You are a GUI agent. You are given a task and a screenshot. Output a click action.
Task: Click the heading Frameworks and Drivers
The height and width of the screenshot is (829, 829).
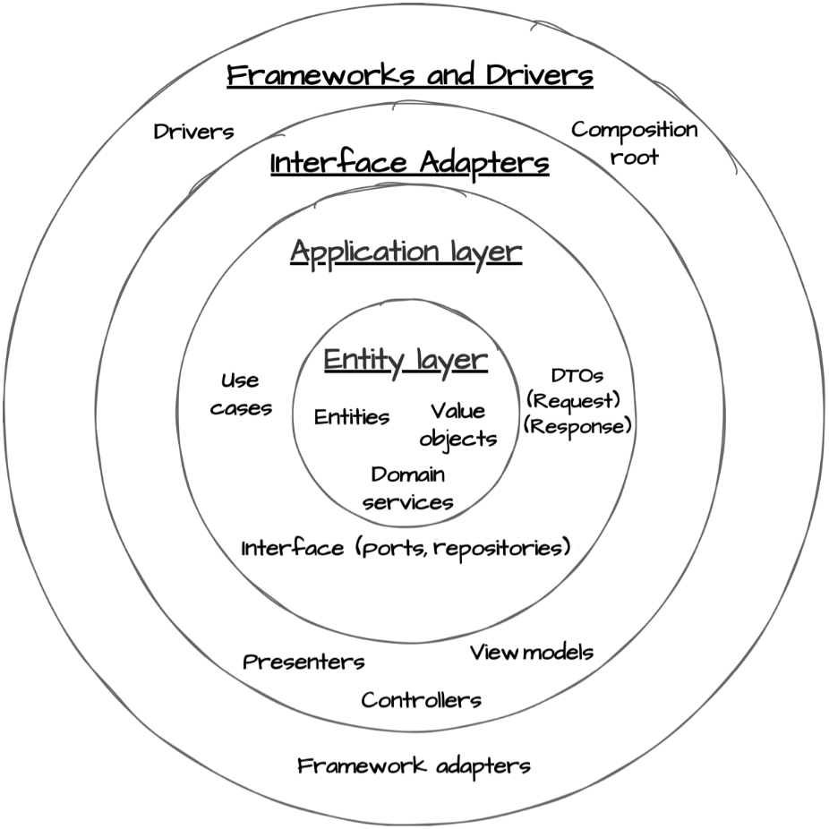coord(409,75)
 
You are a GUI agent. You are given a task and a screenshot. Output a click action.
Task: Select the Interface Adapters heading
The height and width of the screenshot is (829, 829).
coord(409,164)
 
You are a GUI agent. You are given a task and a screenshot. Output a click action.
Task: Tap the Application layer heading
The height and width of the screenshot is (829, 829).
coord(406,252)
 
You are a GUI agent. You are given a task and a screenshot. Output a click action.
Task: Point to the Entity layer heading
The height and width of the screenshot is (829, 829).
coord(406,360)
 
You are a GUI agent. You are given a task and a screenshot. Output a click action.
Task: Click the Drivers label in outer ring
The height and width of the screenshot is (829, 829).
coord(193,132)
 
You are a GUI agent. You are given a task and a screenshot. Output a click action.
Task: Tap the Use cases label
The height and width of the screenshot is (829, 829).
coord(241,395)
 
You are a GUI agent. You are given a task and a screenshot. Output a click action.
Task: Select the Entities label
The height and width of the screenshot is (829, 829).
coord(352,417)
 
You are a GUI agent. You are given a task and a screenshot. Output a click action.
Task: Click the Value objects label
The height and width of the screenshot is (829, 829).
coord(457,424)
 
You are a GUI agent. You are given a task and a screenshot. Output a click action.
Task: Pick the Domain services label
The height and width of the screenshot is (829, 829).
coord(408,488)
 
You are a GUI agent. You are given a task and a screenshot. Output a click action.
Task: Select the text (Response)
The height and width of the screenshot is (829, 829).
coord(577,426)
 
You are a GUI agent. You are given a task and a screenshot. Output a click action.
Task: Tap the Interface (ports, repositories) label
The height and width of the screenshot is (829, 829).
coord(406,547)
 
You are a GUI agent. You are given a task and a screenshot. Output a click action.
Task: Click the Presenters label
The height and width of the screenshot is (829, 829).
coord(304,662)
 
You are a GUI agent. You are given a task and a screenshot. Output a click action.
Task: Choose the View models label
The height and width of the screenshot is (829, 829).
coord(532,653)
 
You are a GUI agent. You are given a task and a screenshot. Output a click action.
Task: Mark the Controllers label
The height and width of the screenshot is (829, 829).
coord(421,700)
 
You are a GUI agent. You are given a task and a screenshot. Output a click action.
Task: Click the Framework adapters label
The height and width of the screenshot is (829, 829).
coord(414,766)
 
